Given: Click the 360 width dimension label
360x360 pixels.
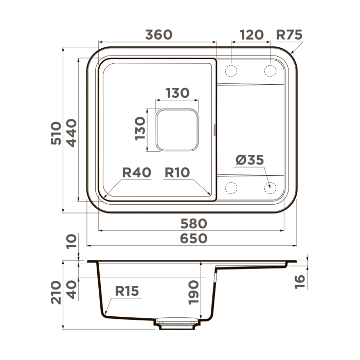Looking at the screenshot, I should tap(158, 34).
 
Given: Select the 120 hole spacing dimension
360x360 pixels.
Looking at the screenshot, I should tap(251, 34).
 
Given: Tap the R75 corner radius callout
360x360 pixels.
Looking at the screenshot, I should tap(289, 34).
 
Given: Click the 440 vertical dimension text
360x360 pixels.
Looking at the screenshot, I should tap(71, 133).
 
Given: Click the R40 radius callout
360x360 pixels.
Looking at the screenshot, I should tap(136, 172).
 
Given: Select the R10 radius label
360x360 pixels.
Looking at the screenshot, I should tap(177, 172).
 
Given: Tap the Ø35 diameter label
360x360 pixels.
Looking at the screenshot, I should tap(250, 160).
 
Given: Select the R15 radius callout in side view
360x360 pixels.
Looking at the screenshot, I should tap(127, 292).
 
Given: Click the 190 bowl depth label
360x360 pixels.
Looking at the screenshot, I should tap(193, 292).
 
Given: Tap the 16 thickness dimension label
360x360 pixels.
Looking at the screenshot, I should tap(301, 280).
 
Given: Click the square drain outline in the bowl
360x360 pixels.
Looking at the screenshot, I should tap(177, 130).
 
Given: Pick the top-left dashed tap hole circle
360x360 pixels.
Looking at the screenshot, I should tap(231, 70).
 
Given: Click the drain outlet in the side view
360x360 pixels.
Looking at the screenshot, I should tap(177, 323).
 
